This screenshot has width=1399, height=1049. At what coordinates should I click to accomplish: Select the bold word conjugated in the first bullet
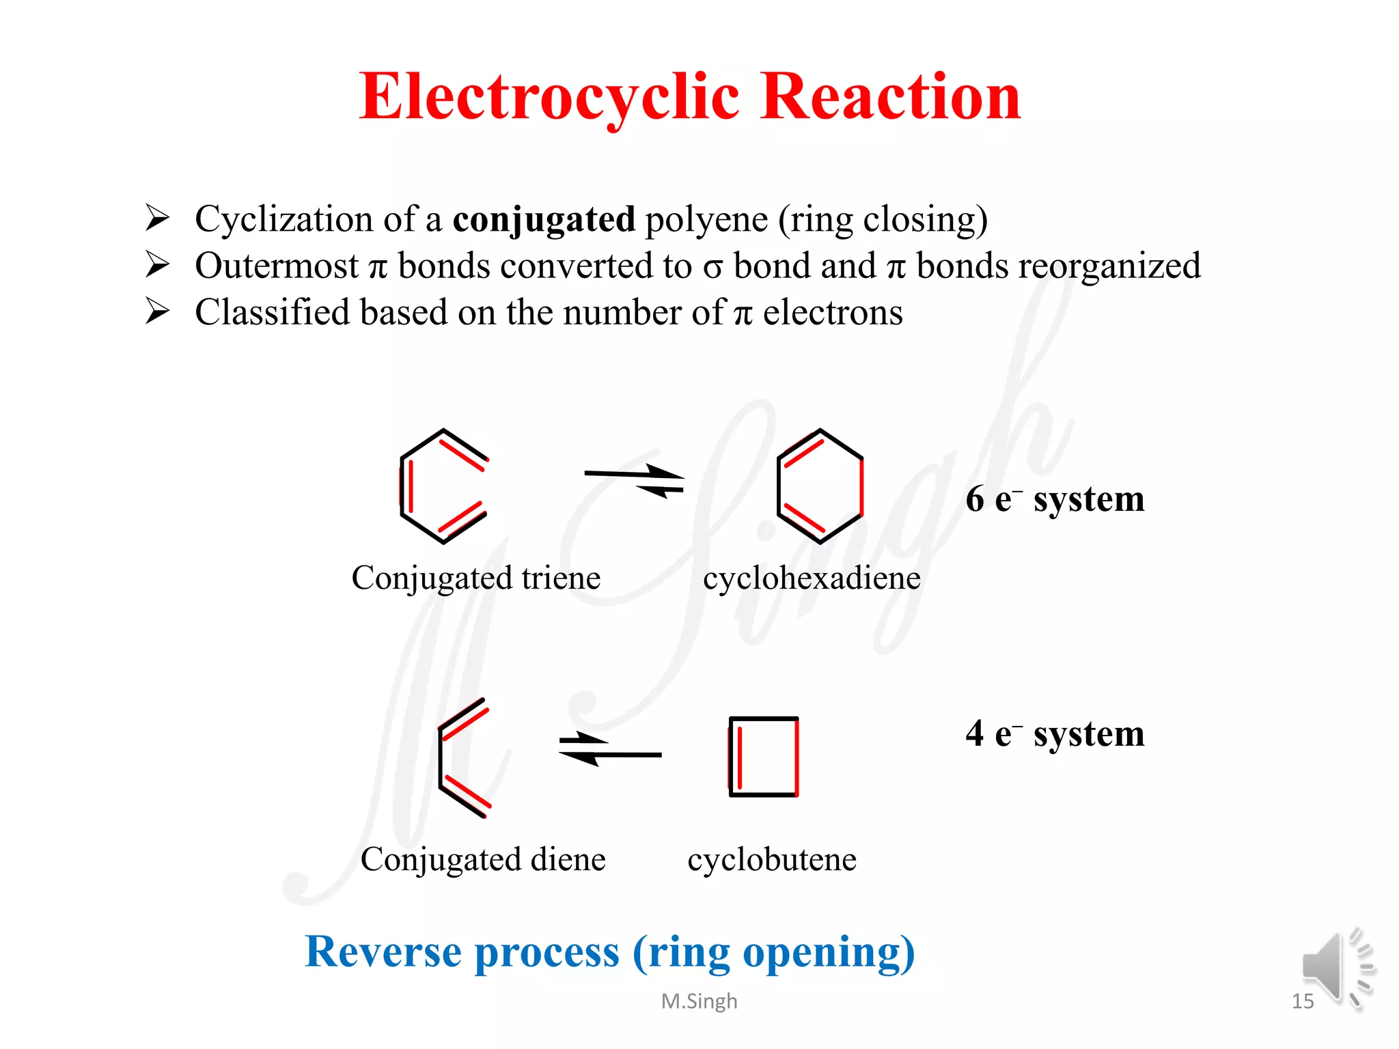click(544, 219)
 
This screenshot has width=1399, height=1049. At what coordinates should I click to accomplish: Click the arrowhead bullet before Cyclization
click(157, 218)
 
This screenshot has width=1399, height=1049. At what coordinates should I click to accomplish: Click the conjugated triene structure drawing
click(443, 486)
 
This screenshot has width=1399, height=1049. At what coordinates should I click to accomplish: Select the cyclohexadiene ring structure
click(820, 486)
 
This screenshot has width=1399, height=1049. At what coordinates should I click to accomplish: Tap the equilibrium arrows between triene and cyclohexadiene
click(635, 481)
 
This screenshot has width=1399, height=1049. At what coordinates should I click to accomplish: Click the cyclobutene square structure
click(764, 757)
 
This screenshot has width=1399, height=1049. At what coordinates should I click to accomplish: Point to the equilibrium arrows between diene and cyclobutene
click(609, 749)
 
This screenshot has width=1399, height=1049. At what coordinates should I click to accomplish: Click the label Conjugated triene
click(475, 578)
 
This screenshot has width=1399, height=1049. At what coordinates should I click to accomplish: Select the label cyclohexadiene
click(812, 578)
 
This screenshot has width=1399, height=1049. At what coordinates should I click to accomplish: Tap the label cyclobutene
click(771, 860)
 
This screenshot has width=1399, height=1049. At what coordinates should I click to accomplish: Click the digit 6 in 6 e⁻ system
click(975, 499)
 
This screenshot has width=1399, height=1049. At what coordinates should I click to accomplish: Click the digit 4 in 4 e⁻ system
click(975, 734)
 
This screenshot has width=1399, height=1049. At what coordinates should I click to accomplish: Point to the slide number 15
click(1302, 1001)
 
